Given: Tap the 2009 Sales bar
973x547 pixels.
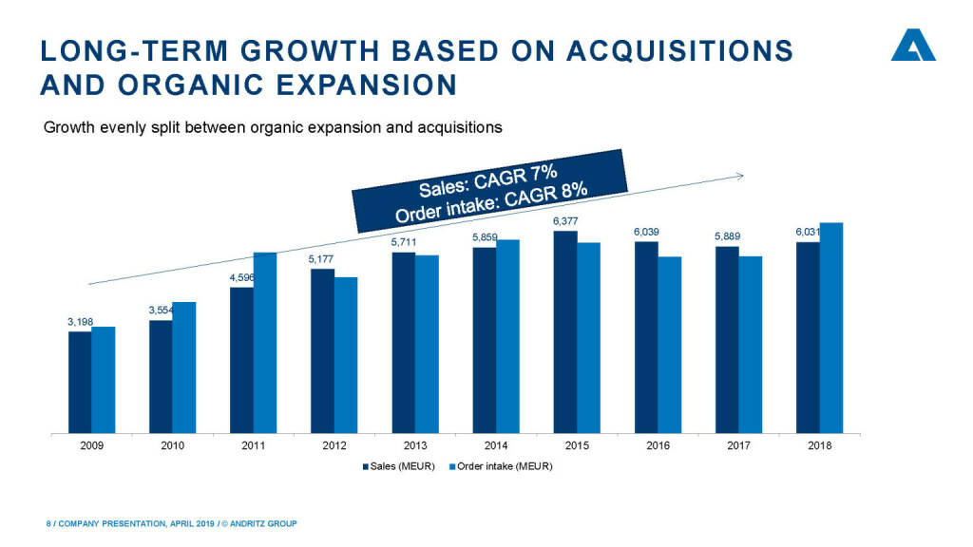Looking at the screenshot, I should (80, 381).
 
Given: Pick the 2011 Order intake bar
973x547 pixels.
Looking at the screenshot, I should (265, 341).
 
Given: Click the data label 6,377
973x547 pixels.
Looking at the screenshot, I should (564, 221).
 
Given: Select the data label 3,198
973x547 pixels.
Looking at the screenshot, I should (80, 323).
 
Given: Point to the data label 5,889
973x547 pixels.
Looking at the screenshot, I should (727, 236).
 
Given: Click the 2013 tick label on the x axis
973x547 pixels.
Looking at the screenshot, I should (414, 445).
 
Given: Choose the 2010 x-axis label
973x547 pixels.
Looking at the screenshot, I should (172, 445).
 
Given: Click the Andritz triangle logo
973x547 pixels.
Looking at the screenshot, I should (912, 45).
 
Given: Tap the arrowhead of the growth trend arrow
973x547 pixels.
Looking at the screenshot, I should (739, 175).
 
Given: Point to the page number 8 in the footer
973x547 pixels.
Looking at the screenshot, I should (48, 523).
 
